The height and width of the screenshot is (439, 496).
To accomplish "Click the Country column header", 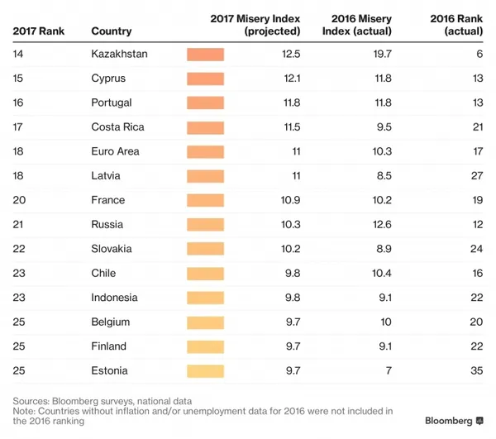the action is (112, 31).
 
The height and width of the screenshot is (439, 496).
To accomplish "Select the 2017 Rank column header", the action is (39, 31).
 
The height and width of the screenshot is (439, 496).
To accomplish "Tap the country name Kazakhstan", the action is (119, 54).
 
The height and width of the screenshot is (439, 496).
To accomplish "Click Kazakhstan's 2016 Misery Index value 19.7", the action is (383, 54).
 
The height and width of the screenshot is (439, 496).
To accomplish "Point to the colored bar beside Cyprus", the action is (205, 79).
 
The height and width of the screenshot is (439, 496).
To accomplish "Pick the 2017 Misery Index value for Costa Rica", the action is (292, 127).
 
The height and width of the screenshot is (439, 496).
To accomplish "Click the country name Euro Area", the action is (115, 151).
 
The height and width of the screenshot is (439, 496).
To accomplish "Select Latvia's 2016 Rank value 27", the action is (477, 176).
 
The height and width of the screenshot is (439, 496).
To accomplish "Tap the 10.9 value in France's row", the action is (290, 200).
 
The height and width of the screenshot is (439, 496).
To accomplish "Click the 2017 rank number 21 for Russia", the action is (18, 225).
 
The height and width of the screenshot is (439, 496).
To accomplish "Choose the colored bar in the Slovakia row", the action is (205, 249).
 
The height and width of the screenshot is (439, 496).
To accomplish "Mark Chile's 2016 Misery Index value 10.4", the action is (382, 274).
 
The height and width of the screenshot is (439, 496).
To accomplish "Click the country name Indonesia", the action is (114, 298).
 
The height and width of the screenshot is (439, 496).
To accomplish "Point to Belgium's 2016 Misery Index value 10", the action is (386, 322).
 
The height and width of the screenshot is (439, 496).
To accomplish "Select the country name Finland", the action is (108, 346).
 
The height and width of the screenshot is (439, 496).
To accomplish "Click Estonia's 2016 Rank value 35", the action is (477, 370).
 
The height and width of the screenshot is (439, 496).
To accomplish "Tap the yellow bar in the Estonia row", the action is (205, 371).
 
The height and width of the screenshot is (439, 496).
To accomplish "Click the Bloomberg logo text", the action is (449, 421).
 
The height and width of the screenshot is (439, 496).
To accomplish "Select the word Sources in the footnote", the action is (31, 401).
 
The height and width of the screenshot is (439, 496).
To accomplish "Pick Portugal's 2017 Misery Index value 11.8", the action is (292, 103).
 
